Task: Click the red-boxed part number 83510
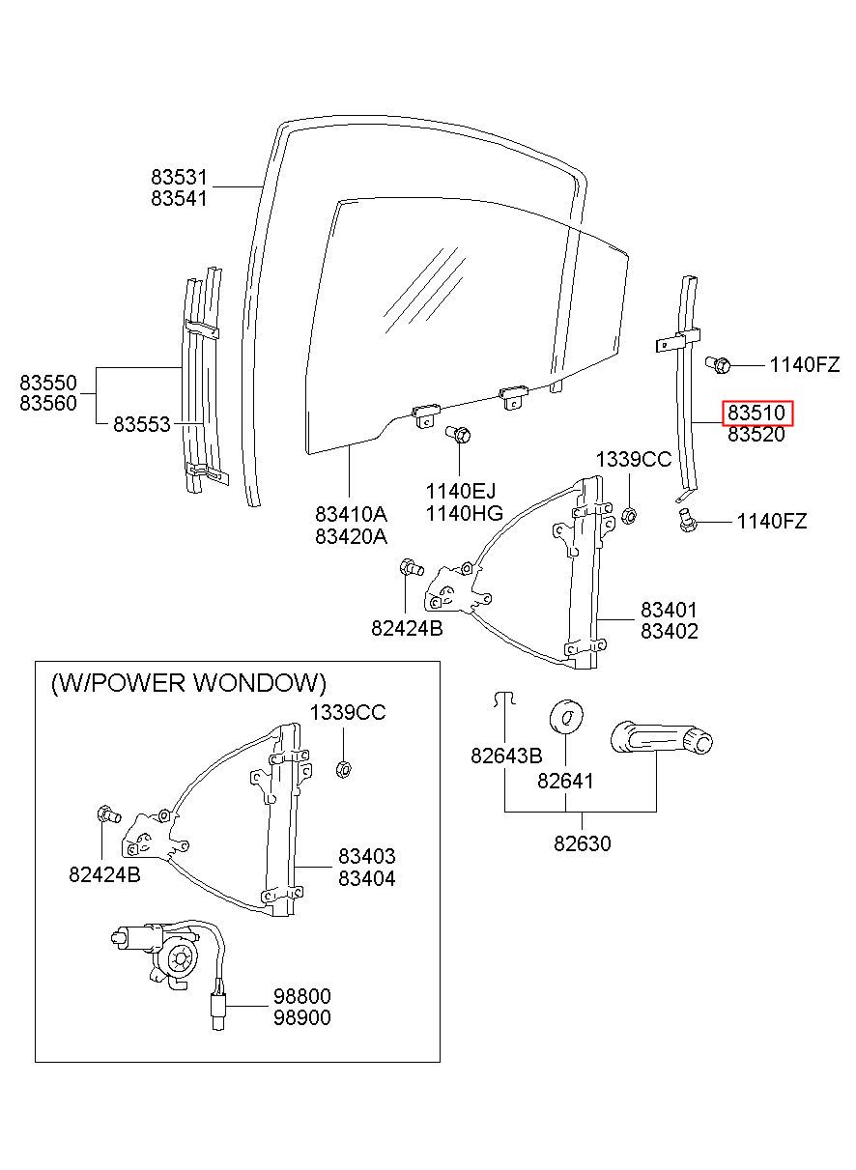pyautogui.click(x=756, y=414)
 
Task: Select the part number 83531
pyautogui.click(x=179, y=178)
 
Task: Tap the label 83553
pyautogui.click(x=142, y=424)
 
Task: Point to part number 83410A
pyautogui.click(x=351, y=515)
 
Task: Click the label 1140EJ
pyautogui.click(x=461, y=491)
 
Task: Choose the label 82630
pyautogui.click(x=582, y=843)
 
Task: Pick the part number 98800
pyautogui.click(x=302, y=996)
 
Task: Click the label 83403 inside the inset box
pyautogui.click(x=366, y=856)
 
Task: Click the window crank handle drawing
pyautogui.click(x=661, y=737)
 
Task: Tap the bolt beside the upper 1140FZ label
pyautogui.click(x=718, y=364)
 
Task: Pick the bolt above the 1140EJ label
pyautogui.click(x=459, y=433)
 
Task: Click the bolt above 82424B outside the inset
pyautogui.click(x=411, y=567)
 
